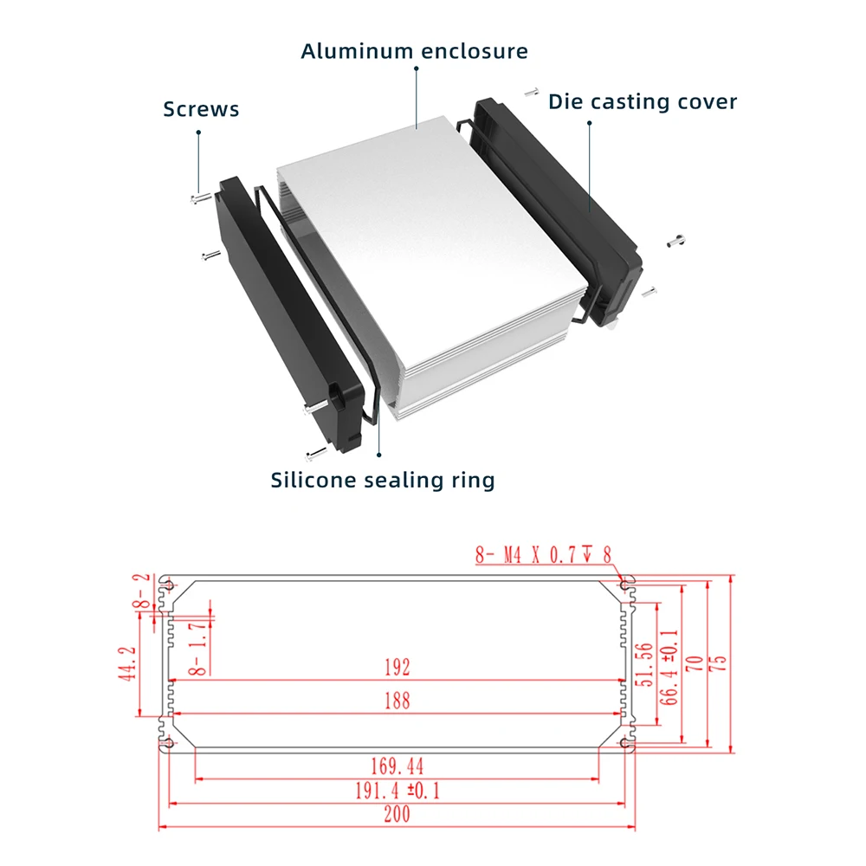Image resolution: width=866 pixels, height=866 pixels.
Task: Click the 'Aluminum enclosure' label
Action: [414, 51]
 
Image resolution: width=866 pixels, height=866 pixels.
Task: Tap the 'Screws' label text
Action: [201, 109]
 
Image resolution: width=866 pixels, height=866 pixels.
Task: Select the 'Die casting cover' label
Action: [643, 102]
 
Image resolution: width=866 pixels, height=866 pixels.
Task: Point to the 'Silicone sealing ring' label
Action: [383, 479]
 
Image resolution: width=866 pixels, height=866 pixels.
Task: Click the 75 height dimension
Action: [718, 664]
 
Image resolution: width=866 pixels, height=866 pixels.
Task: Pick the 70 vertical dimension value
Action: [694, 664]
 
